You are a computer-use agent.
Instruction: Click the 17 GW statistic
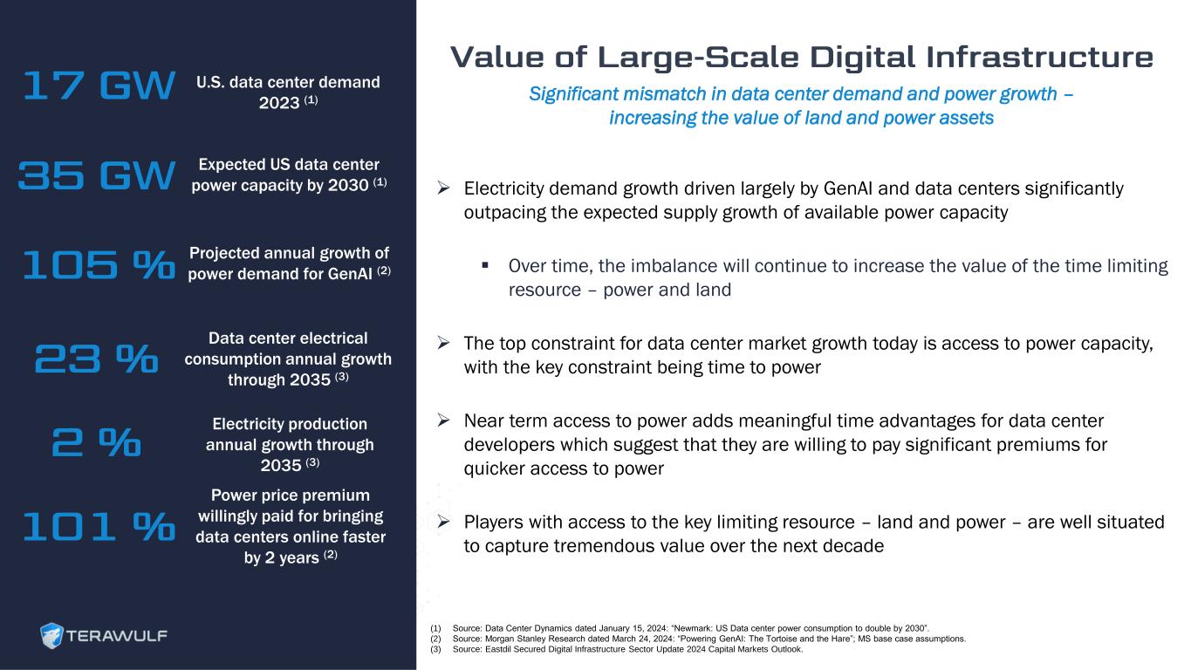tap(99, 85)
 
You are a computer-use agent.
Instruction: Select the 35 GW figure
tap(96, 175)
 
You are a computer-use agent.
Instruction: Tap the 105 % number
tap(99, 264)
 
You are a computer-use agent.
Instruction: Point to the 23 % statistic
tap(96, 358)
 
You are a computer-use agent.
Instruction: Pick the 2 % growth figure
tap(96, 442)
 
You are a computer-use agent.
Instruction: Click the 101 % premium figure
tap(99, 526)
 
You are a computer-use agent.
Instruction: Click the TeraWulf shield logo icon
tap(51, 635)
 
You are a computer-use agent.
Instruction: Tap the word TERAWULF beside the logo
tap(117, 636)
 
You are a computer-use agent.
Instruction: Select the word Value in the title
tap(497, 58)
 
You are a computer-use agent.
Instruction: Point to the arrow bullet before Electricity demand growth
tap(443, 188)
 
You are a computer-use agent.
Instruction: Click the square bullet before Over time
tap(485, 264)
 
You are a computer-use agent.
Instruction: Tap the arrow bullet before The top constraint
tap(443, 343)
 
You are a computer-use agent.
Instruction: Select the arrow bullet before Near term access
tap(443, 420)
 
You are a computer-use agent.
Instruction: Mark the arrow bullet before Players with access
tap(443, 522)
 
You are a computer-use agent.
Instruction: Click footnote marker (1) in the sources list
tap(435, 628)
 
